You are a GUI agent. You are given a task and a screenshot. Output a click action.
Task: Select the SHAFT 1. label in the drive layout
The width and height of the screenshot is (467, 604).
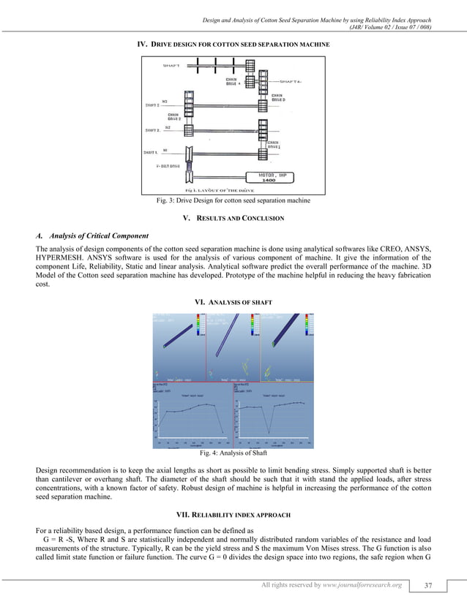coord(154,153)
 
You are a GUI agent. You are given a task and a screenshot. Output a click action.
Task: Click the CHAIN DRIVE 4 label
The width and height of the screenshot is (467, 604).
coord(232,81)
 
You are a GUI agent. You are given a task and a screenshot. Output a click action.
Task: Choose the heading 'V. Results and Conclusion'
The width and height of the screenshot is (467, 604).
coord(233,218)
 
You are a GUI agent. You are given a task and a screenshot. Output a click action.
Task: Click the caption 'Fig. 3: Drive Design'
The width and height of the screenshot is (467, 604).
coord(233,200)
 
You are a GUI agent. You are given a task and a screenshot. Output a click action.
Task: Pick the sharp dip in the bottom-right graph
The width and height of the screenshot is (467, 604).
coord(268,431)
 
